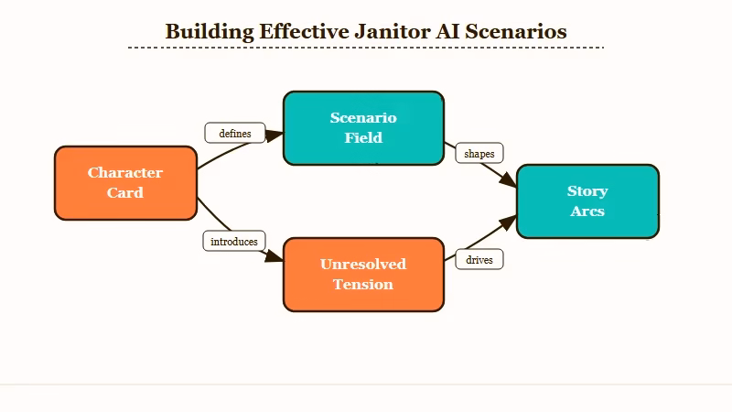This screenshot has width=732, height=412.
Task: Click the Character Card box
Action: tap(125, 183)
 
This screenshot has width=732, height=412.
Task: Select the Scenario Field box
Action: tap(363, 128)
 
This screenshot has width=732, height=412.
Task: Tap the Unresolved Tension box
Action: tap(363, 275)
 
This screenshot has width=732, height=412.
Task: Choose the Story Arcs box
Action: tap(587, 201)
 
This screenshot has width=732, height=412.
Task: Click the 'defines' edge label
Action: tap(235, 134)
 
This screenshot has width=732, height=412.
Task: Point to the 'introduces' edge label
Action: tap(234, 242)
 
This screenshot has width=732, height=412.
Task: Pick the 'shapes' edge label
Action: tap(479, 154)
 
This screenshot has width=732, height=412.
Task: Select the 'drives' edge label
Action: tap(479, 260)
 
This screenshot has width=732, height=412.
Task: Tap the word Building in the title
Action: tap(210, 31)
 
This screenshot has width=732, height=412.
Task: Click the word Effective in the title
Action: tap(304, 31)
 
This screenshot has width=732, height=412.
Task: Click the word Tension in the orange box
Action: tap(363, 285)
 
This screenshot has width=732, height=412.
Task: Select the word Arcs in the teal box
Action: tap(587, 211)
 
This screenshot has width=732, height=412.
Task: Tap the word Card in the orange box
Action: tap(125, 193)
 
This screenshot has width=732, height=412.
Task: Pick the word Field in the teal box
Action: tap(363, 138)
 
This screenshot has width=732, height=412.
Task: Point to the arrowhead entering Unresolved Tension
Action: tap(276, 260)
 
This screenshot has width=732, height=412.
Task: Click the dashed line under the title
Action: tap(366, 47)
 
